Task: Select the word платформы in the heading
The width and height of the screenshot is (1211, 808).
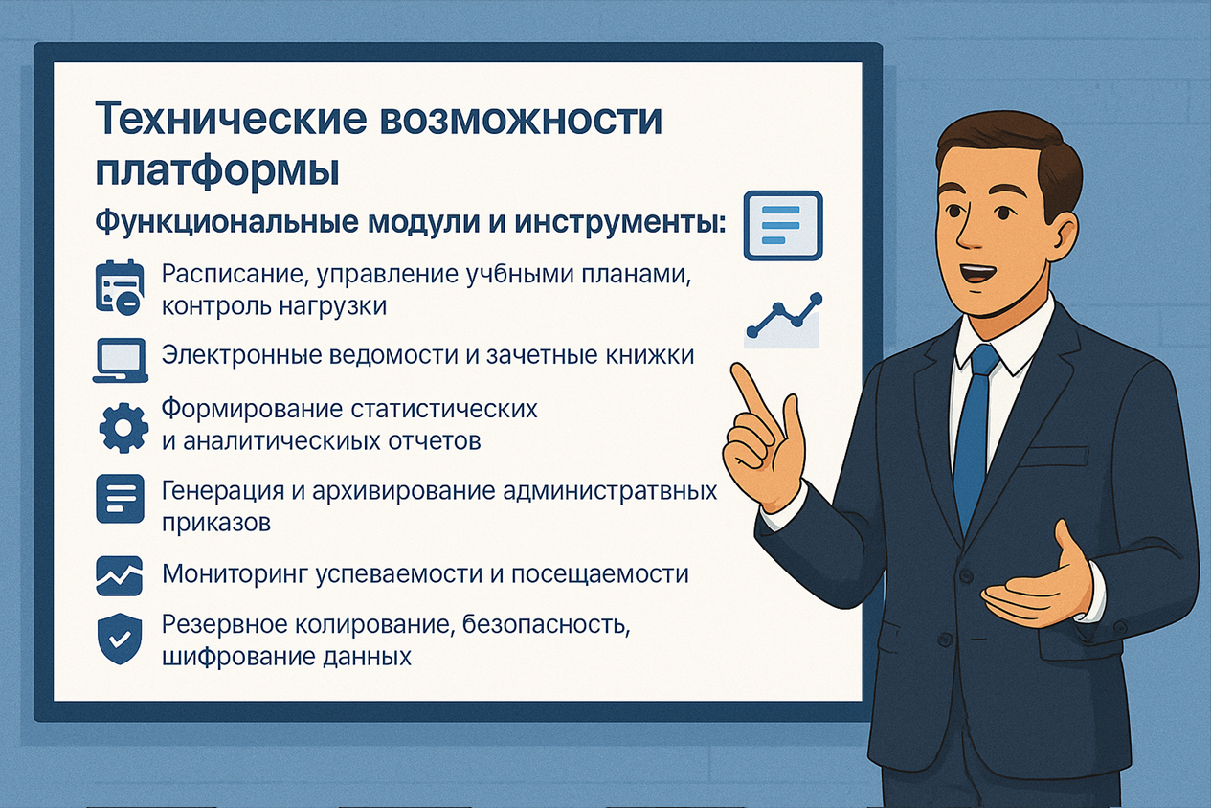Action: click(x=217, y=171)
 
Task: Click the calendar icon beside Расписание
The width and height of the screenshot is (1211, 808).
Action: click(x=120, y=288)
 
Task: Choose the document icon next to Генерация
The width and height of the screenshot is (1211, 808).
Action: click(x=120, y=498)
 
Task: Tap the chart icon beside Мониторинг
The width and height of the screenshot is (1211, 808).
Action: click(x=120, y=575)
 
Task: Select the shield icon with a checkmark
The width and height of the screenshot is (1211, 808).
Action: click(x=120, y=640)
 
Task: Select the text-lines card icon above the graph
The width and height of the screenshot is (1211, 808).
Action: click(x=783, y=225)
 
